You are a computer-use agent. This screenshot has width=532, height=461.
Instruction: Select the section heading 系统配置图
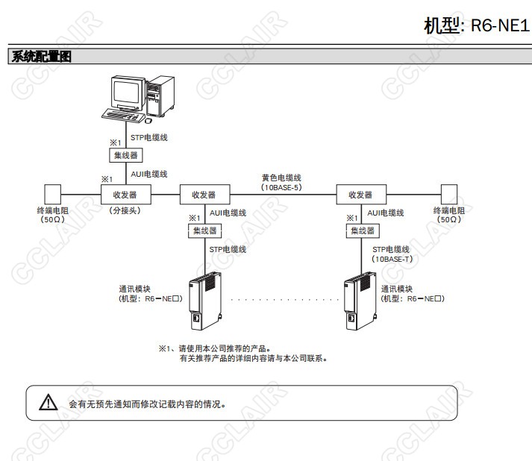click(x=41, y=57)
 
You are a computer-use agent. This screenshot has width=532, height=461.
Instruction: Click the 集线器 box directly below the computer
click(x=125, y=155)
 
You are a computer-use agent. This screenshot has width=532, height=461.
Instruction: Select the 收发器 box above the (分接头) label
click(x=125, y=195)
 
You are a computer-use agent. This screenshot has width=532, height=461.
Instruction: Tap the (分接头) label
click(x=125, y=211)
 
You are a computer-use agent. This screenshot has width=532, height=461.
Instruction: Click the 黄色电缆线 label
click(x=281, y=178)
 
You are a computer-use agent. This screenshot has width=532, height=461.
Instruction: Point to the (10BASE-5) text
click(x=281, y=188)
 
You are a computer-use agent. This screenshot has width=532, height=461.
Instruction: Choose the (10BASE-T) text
click(x=392, y=259)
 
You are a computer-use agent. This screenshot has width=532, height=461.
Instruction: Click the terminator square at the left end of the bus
click(x=52, y=194)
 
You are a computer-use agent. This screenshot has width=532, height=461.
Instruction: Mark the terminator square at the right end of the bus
click(x=448, y=194)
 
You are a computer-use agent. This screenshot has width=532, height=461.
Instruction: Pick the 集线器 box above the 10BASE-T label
click(x=362, y=231)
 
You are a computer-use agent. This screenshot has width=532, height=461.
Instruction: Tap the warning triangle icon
click(x=48, y=404)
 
